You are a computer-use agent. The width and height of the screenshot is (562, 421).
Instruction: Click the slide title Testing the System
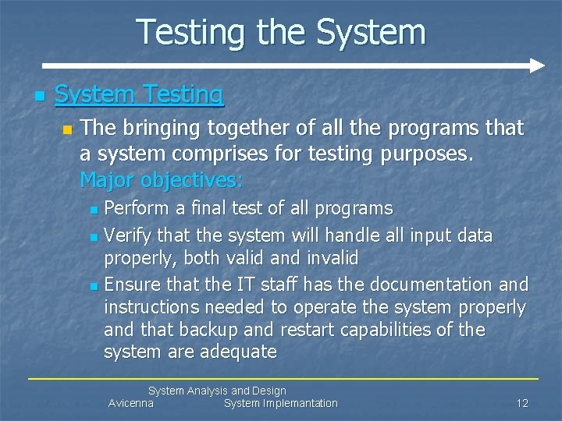click(x=281, y=33)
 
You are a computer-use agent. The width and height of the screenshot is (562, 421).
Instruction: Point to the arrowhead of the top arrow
click(x=537, y=65)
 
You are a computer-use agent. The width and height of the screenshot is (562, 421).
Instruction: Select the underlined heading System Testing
click(x=139, y=94)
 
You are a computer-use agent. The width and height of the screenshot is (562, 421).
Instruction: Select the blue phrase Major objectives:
click(x=162, y=180)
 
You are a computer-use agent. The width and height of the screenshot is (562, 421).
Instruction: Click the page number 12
click(x=522, y=403)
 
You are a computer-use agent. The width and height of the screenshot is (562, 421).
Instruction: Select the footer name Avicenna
click(x=130, y=403)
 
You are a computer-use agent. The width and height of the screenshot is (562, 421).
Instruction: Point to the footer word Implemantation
click(x=301, y=403)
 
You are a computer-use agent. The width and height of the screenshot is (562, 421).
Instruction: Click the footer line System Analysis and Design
click(x=217, y=391)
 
